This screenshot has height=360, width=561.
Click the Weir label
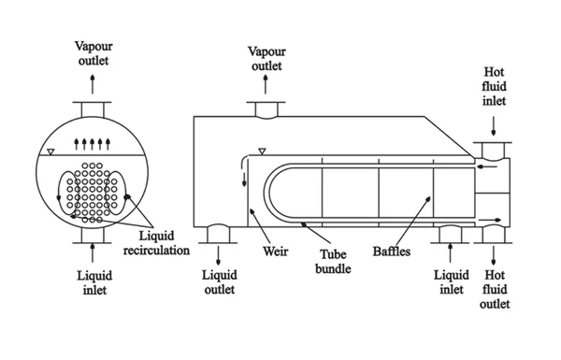(x=275, y=251)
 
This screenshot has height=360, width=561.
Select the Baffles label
(x=392, y=251)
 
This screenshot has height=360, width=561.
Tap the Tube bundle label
(x=333, y=262)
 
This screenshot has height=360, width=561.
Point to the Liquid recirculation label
(x=156, y=243)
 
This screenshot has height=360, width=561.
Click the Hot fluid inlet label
(x=494, y=86)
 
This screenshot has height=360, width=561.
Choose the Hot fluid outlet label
(x=495, y=289)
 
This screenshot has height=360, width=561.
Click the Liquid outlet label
(x=220, y=282)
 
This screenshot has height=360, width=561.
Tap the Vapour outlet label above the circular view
(x=93, y=53)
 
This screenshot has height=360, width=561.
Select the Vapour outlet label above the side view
(x=266, y=58)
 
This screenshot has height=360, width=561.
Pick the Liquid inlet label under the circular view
(x=94, y=282)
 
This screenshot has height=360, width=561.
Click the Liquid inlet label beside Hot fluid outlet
(x=452, y=282)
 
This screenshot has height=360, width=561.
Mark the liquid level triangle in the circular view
(x=50, y=152)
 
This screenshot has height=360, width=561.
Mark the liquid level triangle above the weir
(x=262, y=151)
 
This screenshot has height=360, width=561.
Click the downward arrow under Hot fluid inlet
(x=494, y=126)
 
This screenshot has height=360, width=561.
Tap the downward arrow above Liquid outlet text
(x=218, y=255)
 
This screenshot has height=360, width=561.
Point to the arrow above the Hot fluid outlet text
(x=494, y=255)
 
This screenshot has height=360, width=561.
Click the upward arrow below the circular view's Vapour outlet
(x=93, y=84)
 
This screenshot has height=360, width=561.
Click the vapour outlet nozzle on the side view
(x=266, y=109)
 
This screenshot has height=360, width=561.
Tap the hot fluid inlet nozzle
(x=493, y=151)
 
